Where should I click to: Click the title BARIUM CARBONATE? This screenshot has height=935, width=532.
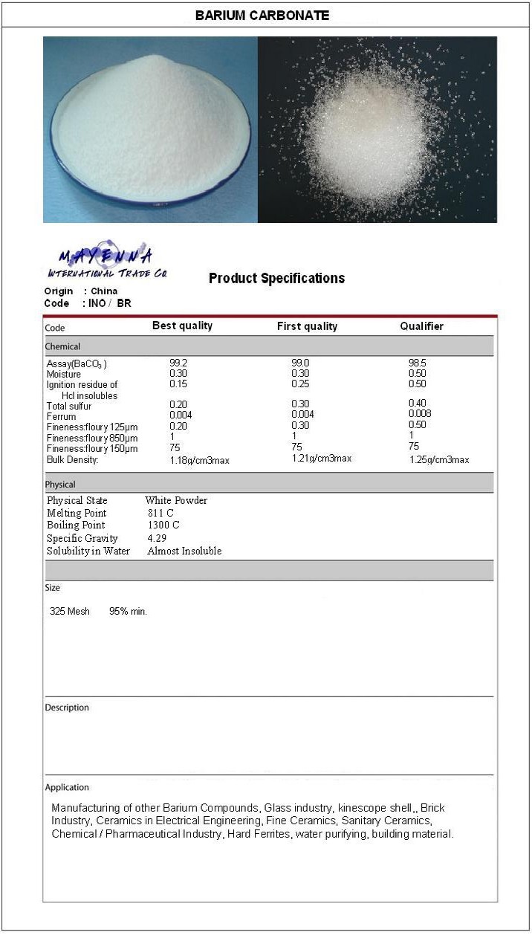(262, 15)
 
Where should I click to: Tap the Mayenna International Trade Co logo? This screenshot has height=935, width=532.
(106, 262)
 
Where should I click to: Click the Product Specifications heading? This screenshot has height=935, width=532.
(276, 279)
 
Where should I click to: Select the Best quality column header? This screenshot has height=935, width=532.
(182, 326)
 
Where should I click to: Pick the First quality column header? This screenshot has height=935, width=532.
(307, 326)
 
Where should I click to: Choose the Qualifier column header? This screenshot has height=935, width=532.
(421, 326)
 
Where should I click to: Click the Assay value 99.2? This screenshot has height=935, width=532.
(179, 363)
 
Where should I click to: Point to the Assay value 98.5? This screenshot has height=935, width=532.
(418, 363)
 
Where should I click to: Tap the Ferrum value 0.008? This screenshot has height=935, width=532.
(420, 414)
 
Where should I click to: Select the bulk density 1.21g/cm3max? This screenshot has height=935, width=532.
(322, 459)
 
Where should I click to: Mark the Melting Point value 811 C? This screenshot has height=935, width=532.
(160, 513)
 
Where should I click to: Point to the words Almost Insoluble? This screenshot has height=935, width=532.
(184, 551)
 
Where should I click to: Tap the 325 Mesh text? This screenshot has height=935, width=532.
(69, 611)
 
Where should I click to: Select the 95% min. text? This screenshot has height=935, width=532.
(128, 611)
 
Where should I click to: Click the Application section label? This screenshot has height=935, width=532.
(67, 787)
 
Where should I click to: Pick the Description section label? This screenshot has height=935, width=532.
(67, 708)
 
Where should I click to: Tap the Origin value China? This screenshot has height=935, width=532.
(104, 291)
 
